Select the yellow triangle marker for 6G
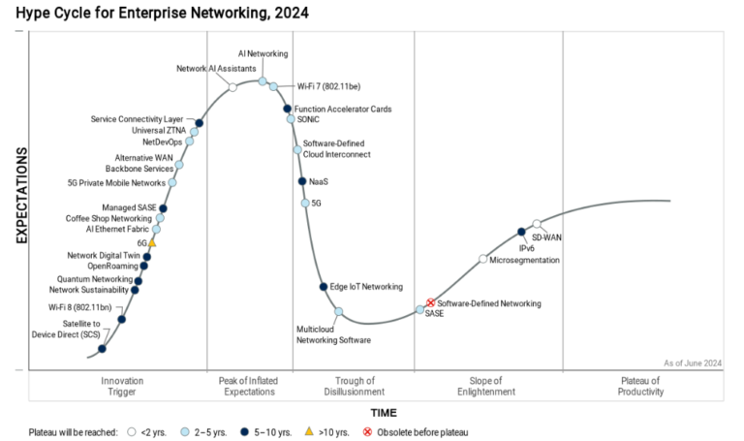[x=151, y=243]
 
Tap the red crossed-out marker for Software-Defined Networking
[x=431, y=303]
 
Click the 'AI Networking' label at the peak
[x=263, y=53]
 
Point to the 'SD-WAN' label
[x=546, y=236]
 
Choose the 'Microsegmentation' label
[x=524, y=260]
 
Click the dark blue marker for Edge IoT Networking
[x=324, y=286]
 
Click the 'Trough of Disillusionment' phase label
[x=354, y=386]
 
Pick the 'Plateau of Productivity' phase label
[x=641, y=386]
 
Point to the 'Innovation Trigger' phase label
[x=122, y=386]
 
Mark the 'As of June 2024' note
[x=693, y=362]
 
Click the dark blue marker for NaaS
[x=301, y=181]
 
